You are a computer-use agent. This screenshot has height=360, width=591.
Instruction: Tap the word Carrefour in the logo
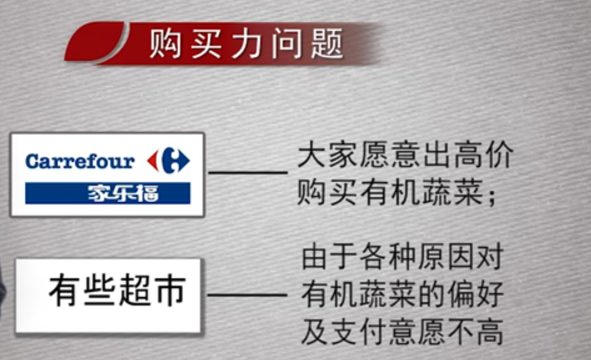[x=80, y=162]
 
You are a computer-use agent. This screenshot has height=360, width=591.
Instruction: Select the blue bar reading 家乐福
[x=108, y=193]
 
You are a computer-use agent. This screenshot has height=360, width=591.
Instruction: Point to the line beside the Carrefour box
[x=248, y=173]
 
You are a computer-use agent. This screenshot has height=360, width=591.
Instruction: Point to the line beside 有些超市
[x=247, y=295]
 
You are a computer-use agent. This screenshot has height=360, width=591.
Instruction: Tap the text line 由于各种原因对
[x=403, y=258]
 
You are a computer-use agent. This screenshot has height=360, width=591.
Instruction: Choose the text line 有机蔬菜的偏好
[x=403, y=295]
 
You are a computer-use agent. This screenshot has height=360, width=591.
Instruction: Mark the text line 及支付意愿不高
[x=403, y=332]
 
